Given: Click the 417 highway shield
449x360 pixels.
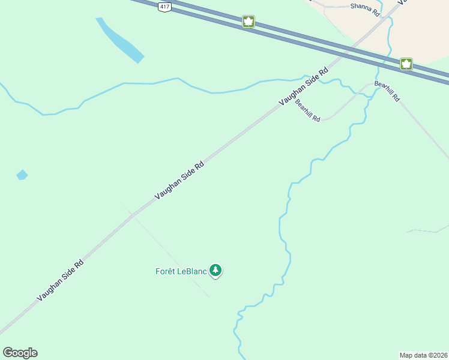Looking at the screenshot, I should [x=164, y=6].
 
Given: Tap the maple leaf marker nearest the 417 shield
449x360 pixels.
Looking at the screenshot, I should [x=248, y=22].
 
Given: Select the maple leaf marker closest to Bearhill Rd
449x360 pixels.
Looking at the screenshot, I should [x=406, y=64].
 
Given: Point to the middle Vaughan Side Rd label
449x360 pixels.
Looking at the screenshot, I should [x=179, y=180].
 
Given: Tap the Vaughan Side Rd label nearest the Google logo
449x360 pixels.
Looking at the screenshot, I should [x=60, y=280].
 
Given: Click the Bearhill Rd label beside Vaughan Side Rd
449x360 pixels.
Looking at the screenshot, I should [x=308, y=111].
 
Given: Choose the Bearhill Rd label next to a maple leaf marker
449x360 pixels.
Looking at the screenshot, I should [x=387, y=91].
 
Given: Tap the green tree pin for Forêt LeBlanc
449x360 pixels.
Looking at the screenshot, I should [x=216, y=271].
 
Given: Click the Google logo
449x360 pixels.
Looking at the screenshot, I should [x=20, y=353].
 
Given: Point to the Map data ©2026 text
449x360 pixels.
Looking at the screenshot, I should [x=423, y=355].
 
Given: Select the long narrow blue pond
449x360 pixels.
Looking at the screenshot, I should [x=120, y=40].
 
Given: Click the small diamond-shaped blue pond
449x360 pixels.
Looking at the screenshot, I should [x=22, y=175].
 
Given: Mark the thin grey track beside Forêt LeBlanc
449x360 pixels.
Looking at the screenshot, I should [x=168, y=252].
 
